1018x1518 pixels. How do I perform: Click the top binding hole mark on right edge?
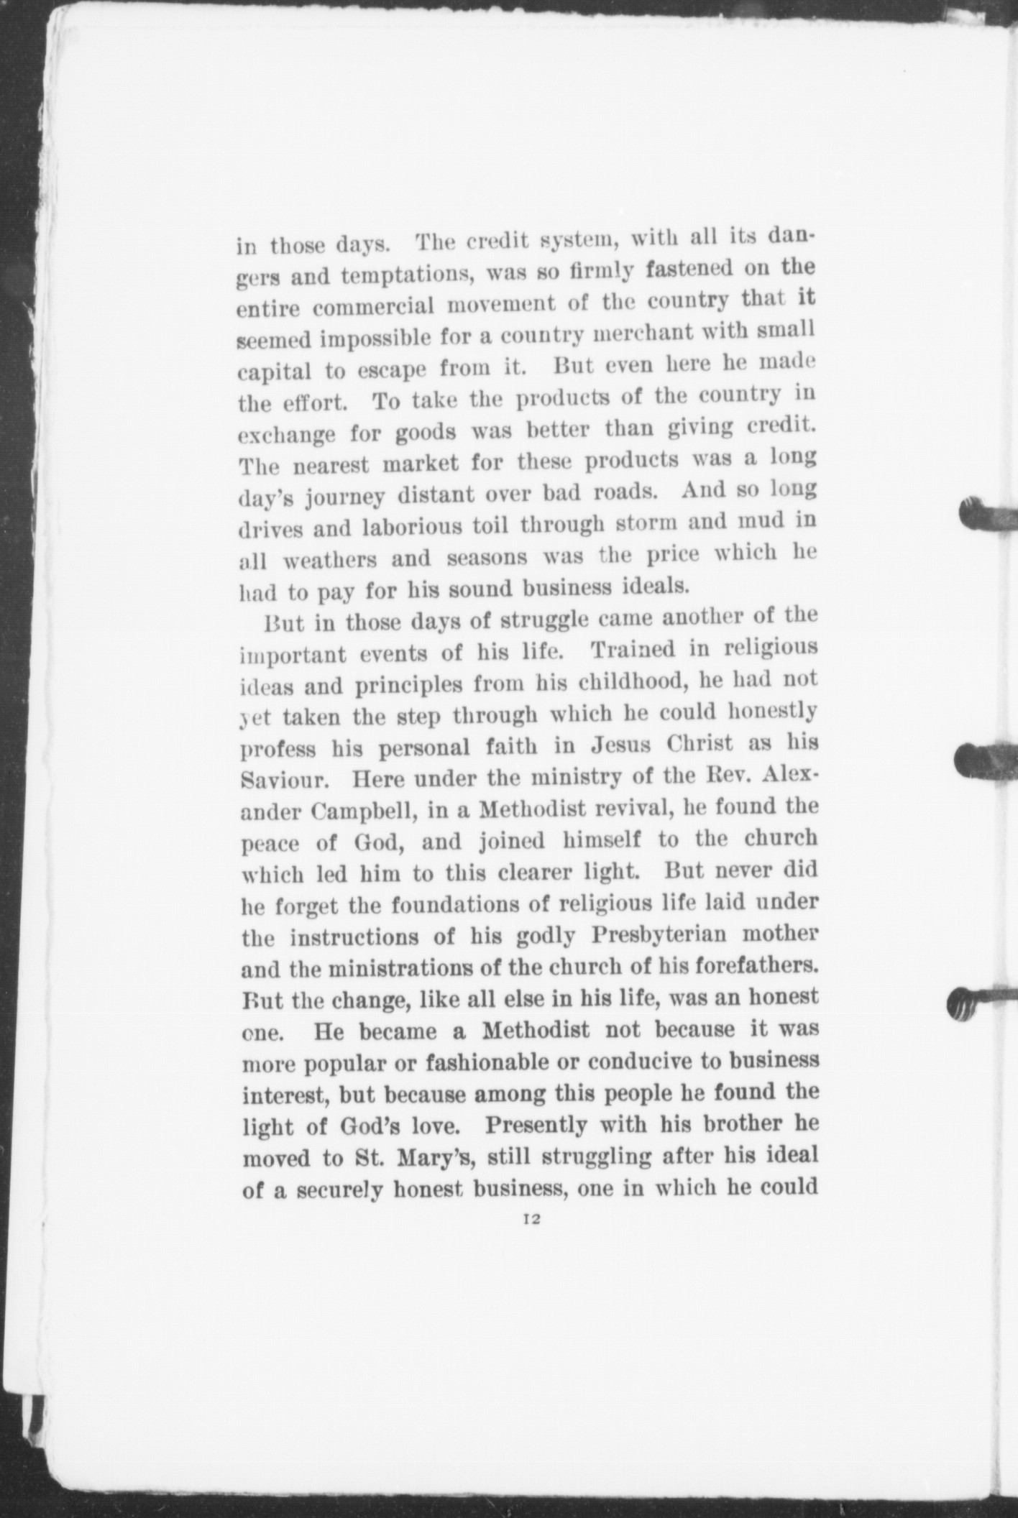click(x=988, y=514)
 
